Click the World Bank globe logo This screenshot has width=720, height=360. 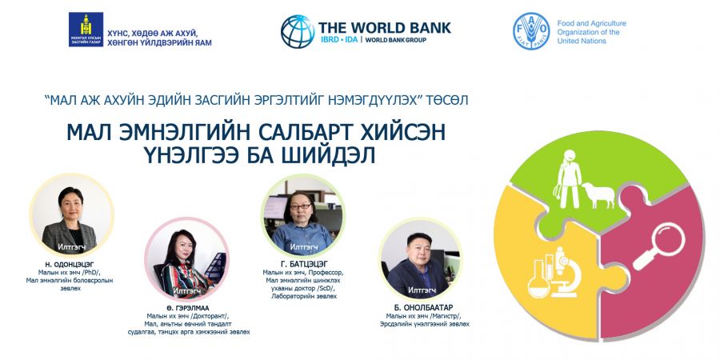[298, 32]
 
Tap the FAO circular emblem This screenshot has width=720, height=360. [531, 31]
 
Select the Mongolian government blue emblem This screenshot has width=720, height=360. [86, 30]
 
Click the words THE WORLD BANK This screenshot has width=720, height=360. [385, 27]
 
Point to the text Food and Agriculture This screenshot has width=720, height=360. [591, 23]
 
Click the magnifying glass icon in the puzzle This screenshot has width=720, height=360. [659, 246]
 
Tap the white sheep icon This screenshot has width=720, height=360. [598, 194]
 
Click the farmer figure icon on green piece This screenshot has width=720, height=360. [568, 179]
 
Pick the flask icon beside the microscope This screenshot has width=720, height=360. [538, 279]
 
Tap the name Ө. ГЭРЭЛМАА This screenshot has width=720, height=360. [188, 308]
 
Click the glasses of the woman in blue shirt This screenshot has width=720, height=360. [301, 207]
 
